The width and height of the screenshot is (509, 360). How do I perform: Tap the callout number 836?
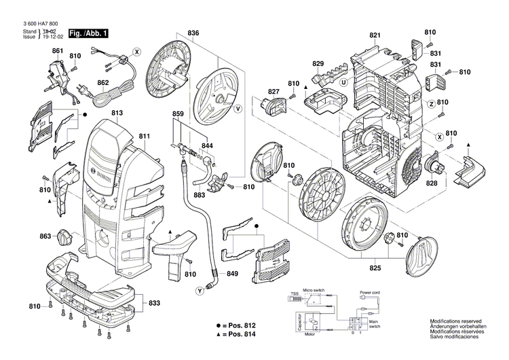pyautogui.click(x=193, y=33)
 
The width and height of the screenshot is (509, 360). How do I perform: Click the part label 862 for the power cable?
pyautogui.click(x=102, y=84)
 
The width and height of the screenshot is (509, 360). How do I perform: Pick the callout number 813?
pyautogui.click(x=117, y=113)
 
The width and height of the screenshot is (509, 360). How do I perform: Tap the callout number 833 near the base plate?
pyautogui.click(x=155, y=303)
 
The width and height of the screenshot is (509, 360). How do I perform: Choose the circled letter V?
pyautogui.click(x=238, y=109)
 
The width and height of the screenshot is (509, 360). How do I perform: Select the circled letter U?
pyautogui.click(x=344, y=83)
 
